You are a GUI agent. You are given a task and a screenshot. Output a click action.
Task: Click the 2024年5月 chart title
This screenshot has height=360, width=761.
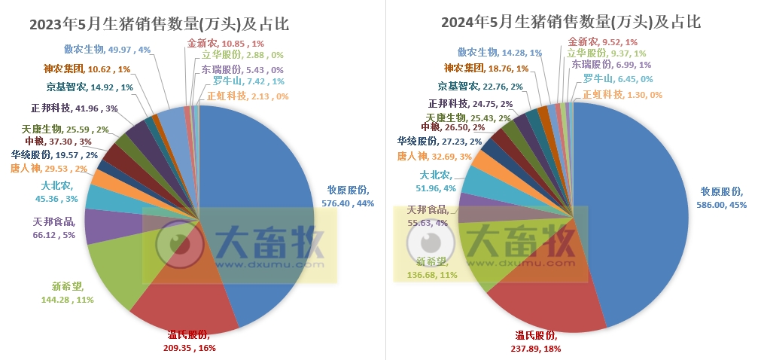[571, 22]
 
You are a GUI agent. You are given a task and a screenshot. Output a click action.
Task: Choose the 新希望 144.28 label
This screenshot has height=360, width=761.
[72, 293]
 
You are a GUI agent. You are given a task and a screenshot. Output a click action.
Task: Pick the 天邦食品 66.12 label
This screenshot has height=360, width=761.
[54, 227]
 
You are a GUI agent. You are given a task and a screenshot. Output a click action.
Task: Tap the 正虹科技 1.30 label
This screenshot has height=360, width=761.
[622, 95]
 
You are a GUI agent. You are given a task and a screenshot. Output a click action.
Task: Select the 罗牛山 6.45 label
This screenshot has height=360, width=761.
[617, 79]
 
